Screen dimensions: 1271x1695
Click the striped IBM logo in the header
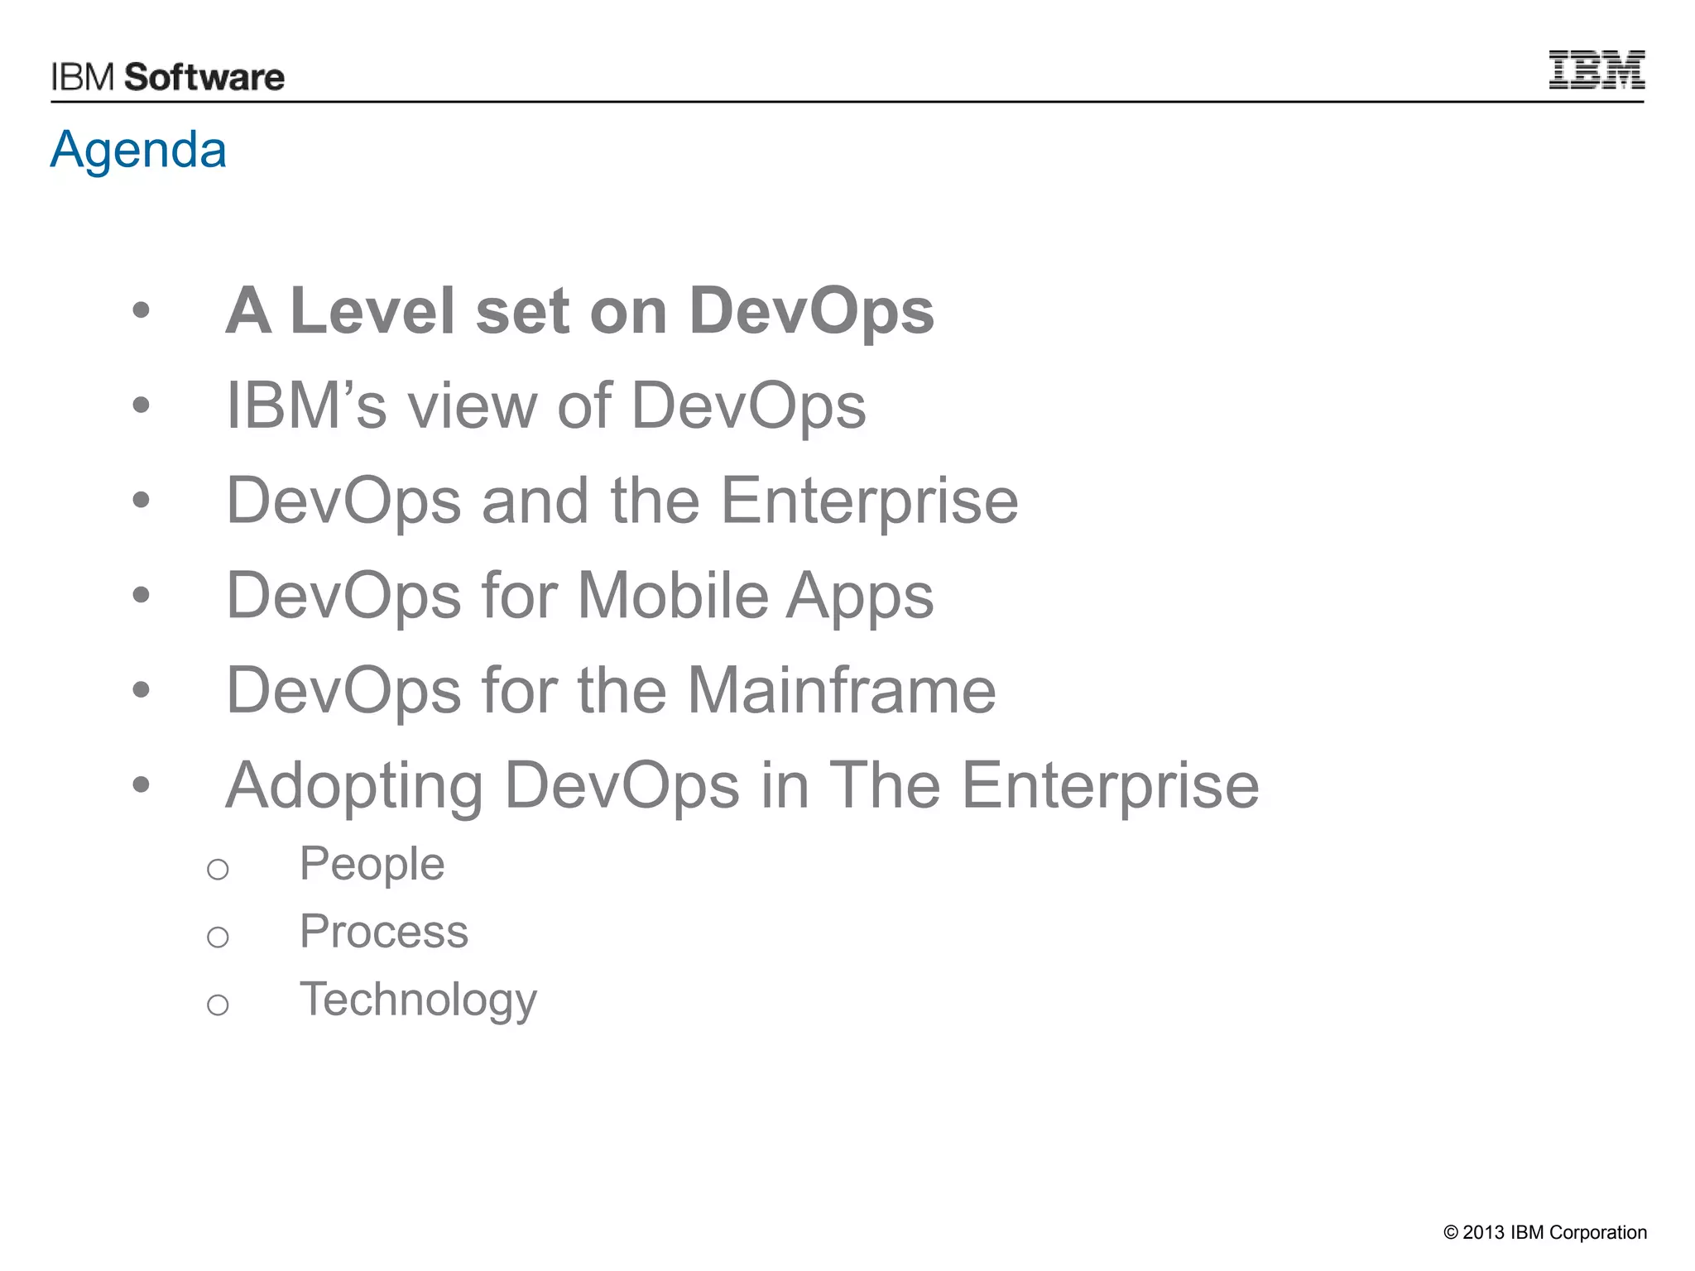(x=1597, y=70)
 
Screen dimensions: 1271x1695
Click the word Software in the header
(x=204, y=78)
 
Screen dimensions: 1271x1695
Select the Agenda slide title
(x=138, y=150)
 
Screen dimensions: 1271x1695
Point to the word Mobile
(x=673, y=596)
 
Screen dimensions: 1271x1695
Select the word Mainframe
(x=842, y=690)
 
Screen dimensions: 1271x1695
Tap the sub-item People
(x=372, y=865)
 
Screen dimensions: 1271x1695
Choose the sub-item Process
(x=384, y=932)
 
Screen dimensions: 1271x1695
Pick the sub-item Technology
(x=418, y=1000)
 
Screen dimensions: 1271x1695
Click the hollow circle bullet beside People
(x=218, y=870)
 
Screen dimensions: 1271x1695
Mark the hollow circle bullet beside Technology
(x=218, y=1005)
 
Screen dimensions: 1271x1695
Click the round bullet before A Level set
(x=142, y=311)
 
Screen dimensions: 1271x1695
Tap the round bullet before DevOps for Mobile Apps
(x=142, y=595)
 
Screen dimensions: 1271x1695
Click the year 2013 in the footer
(x=1483, y=1233)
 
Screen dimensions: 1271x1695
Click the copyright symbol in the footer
(x=1451, y=1233)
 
